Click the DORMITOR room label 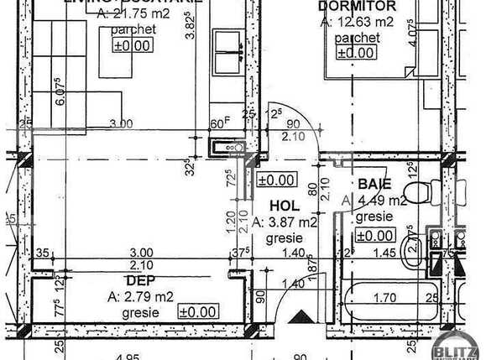346,7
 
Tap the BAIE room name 374,184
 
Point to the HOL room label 284,206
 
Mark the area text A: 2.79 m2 140,295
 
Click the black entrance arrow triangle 300,317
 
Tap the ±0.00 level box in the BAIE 376,236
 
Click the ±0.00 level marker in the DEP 197,312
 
